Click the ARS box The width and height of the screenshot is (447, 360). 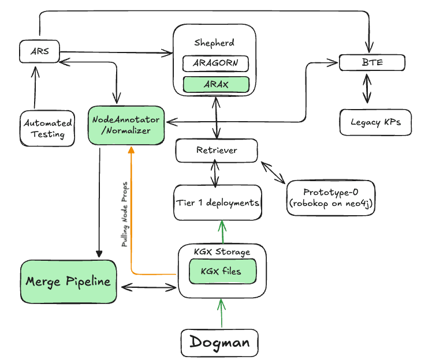pyautogui.click(x=39, y=52)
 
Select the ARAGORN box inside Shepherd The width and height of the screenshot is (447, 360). pyautogui.click(x=215, y=63)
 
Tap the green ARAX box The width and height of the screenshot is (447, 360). pyautogui.click(x=215, y=84)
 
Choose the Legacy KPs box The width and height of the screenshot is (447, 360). pyautogui.click(x=375, y=122)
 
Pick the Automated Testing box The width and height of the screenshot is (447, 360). pyautogui.click(x=47, y=128)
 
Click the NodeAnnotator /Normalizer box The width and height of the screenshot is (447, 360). pyautogui.click(x=126, y=125)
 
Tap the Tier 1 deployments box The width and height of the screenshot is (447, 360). pyautogui.click(x=217, y=202)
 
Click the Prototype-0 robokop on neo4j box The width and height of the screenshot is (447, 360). pyautogui.click(x=331, y=198)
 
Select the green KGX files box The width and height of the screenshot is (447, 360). pyautogui.click(x=222, y=271)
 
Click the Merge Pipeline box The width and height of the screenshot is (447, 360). pyautogui.click(x=68, y=282)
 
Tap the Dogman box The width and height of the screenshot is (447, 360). pyautogui.click(x=219, y=343)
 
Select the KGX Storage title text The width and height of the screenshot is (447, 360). pyautogui.click(x=222, y=252)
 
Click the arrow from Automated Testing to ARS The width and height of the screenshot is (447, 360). pyautogui.click(x=35, y=87)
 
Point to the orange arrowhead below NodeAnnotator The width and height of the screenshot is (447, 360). pyautogui.click(x=131, y=150)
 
